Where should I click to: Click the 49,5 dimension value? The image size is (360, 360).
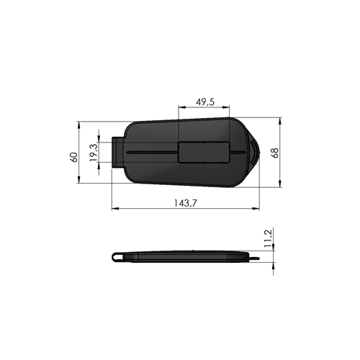point(205,102)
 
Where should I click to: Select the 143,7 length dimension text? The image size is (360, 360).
point(185,203)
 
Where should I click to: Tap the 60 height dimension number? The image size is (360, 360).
point(74,157)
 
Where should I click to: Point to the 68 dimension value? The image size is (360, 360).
point(275,153)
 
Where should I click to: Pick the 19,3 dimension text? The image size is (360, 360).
point(94,153)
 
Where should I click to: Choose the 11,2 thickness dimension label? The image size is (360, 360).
point(268,238)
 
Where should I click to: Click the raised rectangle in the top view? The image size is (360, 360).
point(204,152)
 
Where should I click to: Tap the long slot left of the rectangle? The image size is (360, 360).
point(151,153)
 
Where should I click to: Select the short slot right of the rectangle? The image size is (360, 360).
point(238,152)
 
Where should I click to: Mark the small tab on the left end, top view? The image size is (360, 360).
point(117,152)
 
